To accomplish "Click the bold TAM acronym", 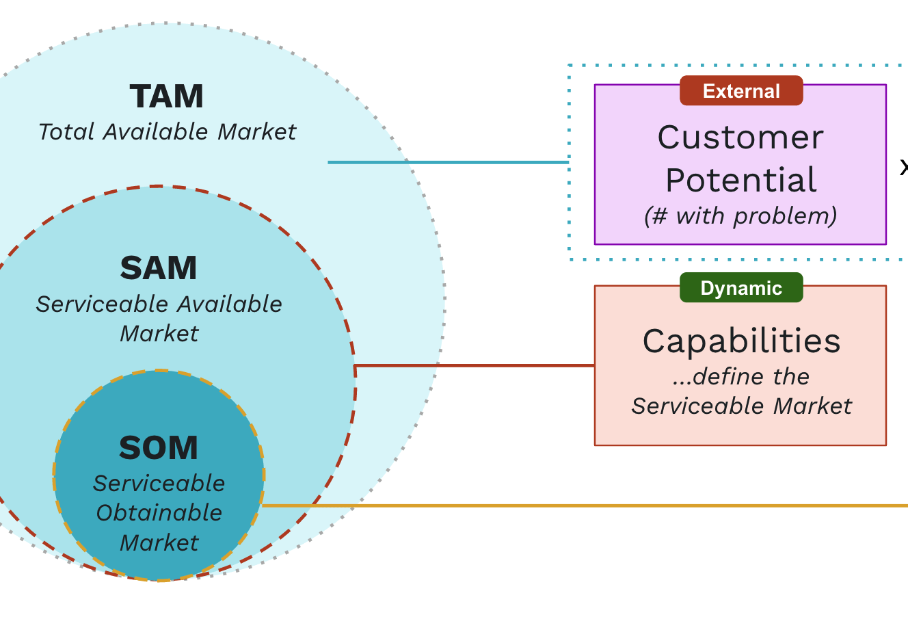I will [x=167, y=96].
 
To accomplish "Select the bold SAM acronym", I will [x=159, y=268].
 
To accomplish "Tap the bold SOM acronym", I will [x=159, y=449].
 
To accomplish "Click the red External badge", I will [x=741, y=91].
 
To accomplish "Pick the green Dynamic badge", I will [x=741, y=288].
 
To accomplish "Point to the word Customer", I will [x=740, y=137].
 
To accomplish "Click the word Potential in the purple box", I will [x=740, y=181].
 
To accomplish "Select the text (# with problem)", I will [x=740, y=216].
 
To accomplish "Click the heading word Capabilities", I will [x=741, y=341].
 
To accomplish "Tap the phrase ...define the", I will [x=741, y=376].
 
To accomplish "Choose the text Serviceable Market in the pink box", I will [x=741, y=406].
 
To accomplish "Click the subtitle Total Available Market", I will [x=168, y=131].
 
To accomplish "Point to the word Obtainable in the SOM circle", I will [x=159, y=513].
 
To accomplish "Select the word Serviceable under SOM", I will [x=159, y=484].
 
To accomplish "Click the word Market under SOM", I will [x=159, y=543].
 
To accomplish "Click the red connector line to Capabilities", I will [x=479, y=366].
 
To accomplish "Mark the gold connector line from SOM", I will [x=581, y=506].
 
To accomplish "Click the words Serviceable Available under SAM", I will [x=159, y=304].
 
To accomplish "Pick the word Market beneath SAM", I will [x=159, y=334].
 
